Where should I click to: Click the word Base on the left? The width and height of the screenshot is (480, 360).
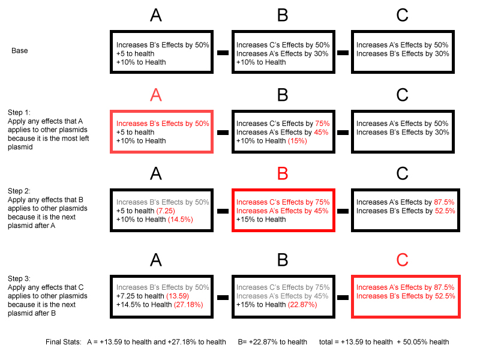20,50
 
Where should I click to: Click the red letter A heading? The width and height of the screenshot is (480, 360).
156,95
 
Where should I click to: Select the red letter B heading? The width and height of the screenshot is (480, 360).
283,173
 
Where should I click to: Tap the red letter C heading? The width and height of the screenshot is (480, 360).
402,260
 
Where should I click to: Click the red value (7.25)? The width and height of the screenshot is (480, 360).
166,211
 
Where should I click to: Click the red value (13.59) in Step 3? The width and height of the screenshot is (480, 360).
178,296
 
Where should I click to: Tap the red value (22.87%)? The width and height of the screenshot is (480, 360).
302,305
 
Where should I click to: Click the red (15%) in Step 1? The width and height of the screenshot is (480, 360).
298,141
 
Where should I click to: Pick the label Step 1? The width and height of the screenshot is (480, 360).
19,112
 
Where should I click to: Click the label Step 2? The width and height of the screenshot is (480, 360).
19,191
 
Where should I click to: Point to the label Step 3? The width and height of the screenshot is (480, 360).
19,278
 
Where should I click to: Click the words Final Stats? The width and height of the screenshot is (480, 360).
64,342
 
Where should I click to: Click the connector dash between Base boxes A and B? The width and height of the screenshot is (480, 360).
223,53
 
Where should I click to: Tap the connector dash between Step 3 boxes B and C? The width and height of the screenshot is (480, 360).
343,297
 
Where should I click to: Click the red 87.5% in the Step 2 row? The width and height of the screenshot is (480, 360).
444,202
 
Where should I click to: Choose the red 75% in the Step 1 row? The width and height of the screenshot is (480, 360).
322,124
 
